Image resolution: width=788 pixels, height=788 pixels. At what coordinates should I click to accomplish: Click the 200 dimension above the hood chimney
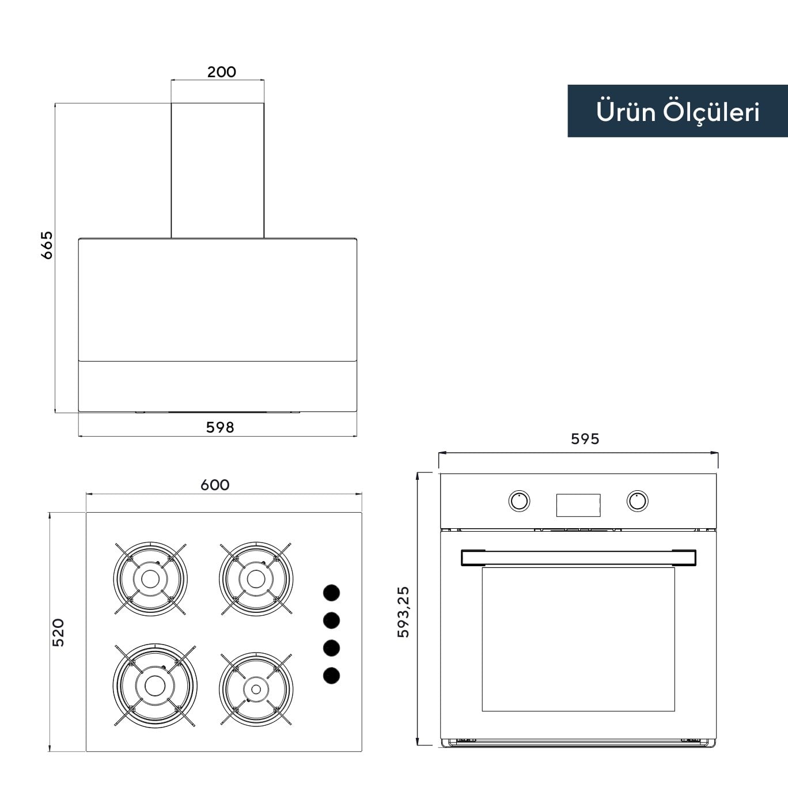(221, 72)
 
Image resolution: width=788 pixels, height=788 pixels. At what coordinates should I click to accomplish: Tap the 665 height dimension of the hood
(47, 245)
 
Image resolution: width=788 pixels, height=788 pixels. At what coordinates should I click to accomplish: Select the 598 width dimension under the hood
(220, 427)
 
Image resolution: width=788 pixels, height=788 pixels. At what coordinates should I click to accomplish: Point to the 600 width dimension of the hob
(215, 485)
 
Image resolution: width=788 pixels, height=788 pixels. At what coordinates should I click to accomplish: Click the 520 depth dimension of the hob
(58, 632)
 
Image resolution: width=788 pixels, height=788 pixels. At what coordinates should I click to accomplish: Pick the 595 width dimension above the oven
(585, 439)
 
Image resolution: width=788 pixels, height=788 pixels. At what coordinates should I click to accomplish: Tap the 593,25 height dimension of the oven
(403, 612)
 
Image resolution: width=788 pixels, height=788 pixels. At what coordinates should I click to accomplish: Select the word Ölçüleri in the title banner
(711, 112)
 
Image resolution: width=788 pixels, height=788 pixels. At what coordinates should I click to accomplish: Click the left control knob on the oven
(519, 501)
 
